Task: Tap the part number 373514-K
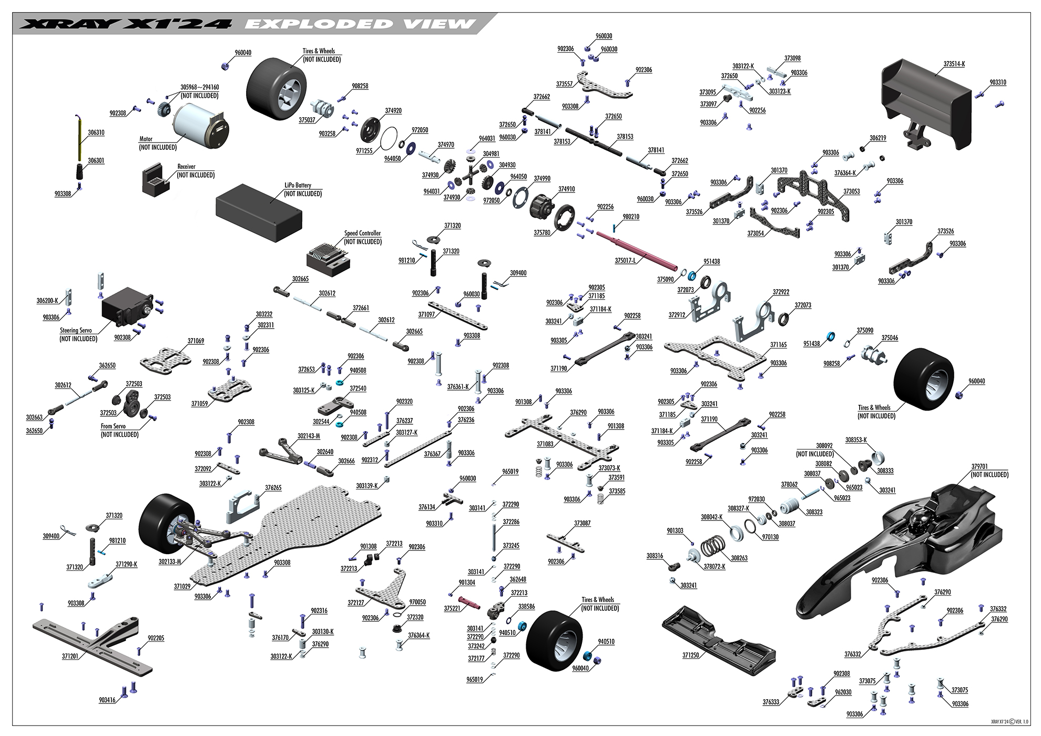pos(954,64)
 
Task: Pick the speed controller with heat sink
pos(328,257)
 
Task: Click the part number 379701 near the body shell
pos(979,466)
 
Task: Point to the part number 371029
pos(182,586)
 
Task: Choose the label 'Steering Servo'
pos(76,331)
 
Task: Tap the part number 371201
pos(70,657)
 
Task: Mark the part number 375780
pos(542,232)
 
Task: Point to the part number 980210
pos(631,217)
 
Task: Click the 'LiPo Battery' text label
pos(298,185)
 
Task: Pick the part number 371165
pos(779,345)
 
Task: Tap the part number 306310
pos(96,132)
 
